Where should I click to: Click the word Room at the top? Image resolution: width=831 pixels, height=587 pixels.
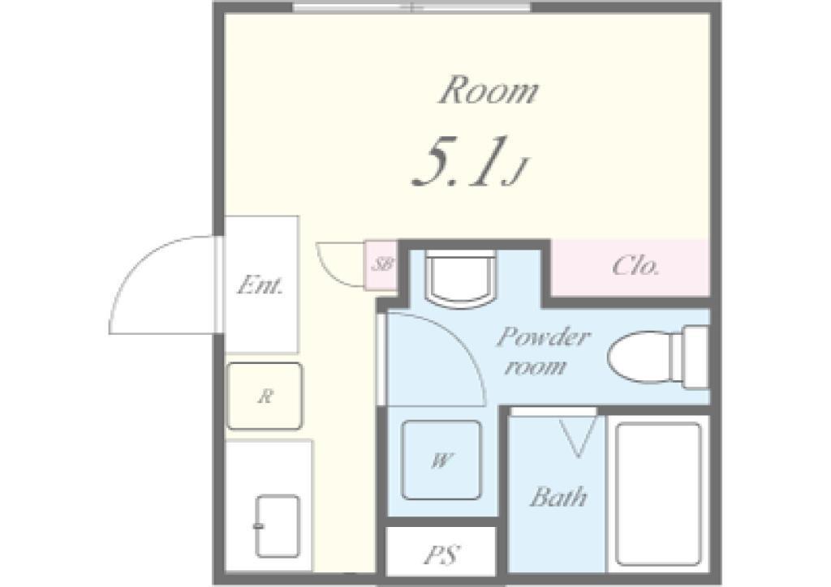coord(488,91)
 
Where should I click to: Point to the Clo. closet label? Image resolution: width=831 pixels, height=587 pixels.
coord(635,266)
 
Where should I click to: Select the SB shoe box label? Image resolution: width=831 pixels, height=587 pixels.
coord(381,264)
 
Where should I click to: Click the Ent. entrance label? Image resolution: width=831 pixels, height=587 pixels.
coord(260,285)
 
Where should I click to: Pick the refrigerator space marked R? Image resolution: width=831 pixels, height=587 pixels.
coord(265,396)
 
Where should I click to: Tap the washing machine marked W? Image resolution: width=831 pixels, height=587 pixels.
coord(441,460)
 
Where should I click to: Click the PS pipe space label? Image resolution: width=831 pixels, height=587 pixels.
coord(441,555)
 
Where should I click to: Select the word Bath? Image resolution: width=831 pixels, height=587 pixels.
coord(558,497)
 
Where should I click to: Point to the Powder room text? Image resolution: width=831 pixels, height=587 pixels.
coord(542,351)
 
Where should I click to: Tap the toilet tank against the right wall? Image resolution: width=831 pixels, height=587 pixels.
coord(695,357)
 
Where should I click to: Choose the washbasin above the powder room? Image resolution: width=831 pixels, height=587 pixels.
coord(462,279)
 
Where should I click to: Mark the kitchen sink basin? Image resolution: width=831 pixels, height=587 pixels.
coord(278,526)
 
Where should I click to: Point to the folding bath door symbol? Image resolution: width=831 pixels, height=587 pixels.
coord(578,437)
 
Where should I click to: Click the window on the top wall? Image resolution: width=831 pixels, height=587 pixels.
coord(411,6)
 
